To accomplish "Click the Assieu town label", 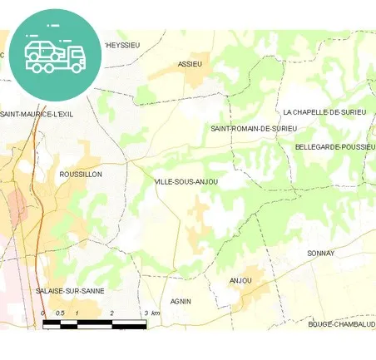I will click(x=190, y=63).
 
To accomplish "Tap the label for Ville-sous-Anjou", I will click(x=186, y=181).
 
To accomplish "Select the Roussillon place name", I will click(x=81, y=174).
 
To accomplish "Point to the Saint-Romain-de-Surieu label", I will click(x=253, y=129).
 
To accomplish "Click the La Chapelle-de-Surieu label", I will click(x=324, y=111).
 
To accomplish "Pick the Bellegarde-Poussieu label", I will click(x=335, y=146).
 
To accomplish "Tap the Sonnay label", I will click(x=320, y=253).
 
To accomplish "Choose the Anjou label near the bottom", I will click(x=240, y=280).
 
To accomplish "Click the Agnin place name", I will click(x=181, y=301).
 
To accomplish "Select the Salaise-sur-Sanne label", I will click(x=70, y=291).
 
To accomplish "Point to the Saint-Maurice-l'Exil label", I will click(x=38, y=114).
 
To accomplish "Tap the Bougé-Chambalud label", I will click(x=341, y=324).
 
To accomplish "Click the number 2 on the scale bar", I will click(x=111, y=313).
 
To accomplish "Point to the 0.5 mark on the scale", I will click(x=59, y=313).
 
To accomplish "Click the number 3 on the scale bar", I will click(x=146, y=313).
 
